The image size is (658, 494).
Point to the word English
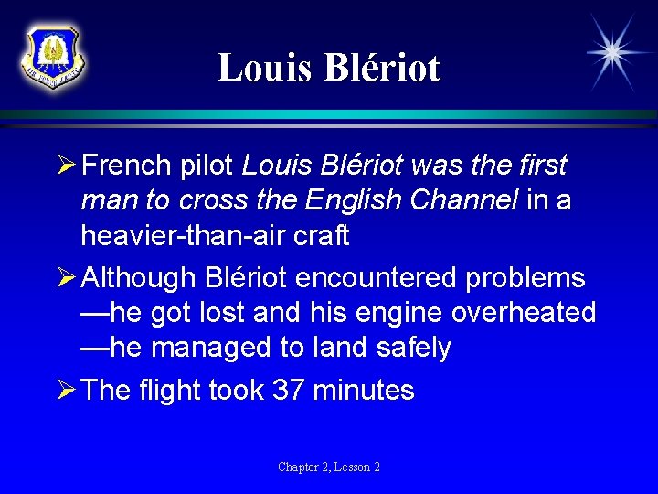click(352, 200)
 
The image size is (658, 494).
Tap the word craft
click(321, 235)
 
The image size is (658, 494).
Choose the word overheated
click(524, 313)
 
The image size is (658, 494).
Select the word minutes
click(364, 391)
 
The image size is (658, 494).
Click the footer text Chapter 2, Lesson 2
click(329, 467)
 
